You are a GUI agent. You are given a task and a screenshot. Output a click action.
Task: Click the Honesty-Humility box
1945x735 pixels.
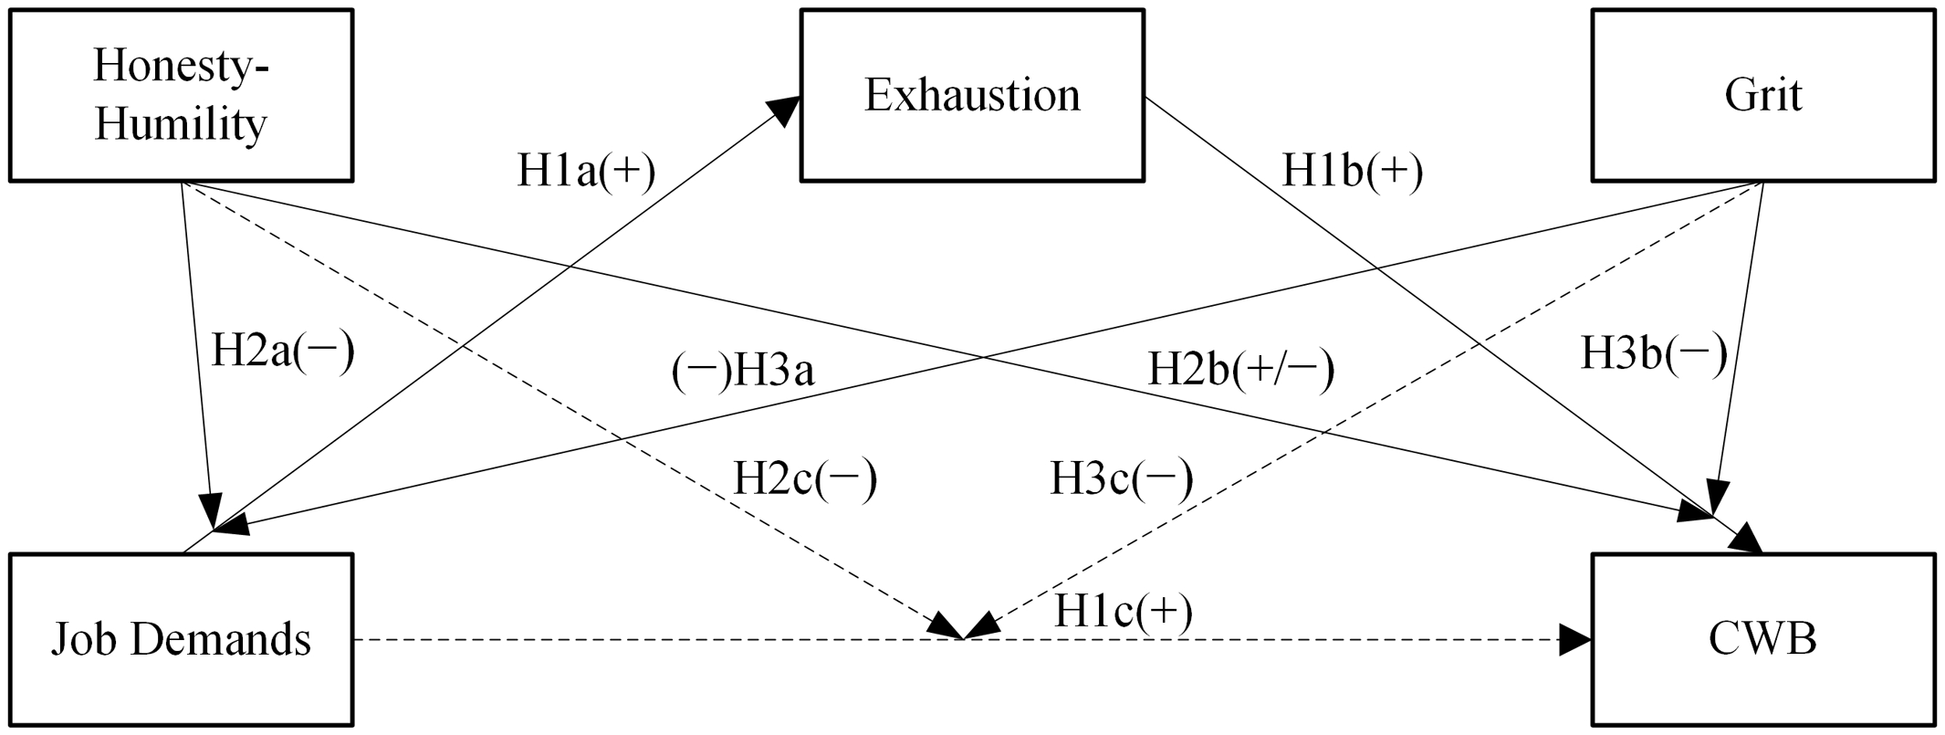click(181, 95)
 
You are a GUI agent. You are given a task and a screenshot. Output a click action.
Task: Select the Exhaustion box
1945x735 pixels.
click(972, 95)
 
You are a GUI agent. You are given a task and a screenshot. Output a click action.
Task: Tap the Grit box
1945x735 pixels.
click(1762, 95)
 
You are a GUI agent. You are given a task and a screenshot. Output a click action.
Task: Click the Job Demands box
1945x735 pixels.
click(181, 639)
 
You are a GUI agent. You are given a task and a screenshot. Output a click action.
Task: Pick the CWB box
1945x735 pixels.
click(1762, 639)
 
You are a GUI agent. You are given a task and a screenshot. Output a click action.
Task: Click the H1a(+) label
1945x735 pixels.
click(586, 172)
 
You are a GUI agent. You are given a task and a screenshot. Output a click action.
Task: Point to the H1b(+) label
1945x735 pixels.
click(1353, 172)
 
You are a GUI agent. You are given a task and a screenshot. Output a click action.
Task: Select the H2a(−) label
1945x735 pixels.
click(282, 352)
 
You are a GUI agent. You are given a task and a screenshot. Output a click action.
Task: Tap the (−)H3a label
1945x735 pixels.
click(743, 372)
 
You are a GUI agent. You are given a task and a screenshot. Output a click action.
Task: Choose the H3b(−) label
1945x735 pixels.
click(1654, 354)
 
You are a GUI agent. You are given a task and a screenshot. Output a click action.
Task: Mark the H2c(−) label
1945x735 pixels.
click(805, 478)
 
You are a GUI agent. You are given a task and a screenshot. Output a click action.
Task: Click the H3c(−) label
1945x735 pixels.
click(1121, 478)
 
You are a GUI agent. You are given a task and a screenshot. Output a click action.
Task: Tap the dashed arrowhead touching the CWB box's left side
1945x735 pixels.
click(1575, 639)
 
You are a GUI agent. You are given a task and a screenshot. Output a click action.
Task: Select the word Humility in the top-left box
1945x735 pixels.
click(181, 124)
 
